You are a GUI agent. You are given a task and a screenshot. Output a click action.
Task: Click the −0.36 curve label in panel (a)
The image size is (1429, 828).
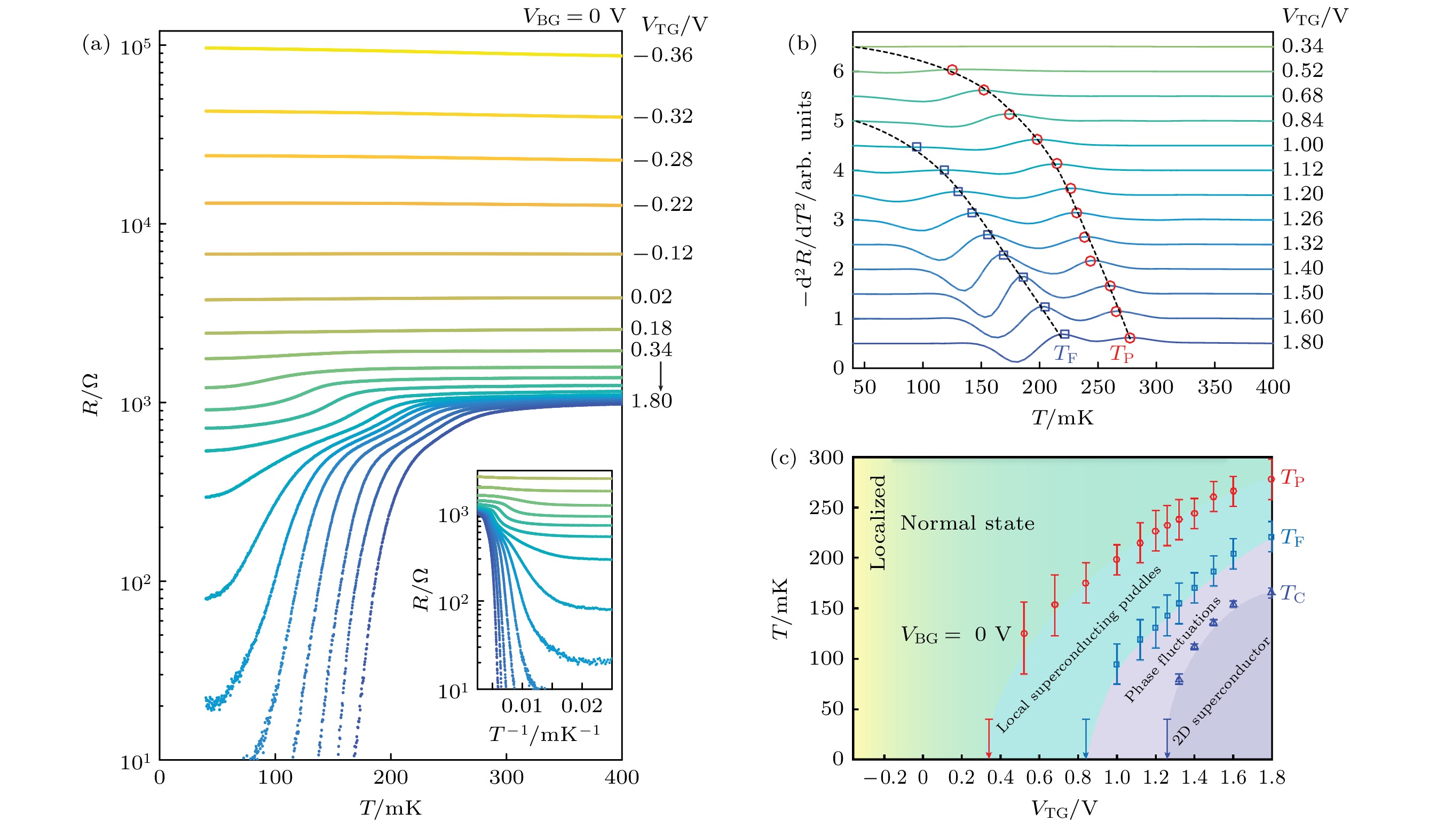[x=663, y=55]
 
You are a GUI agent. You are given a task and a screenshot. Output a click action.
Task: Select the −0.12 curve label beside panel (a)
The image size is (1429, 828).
[x=663, y=253]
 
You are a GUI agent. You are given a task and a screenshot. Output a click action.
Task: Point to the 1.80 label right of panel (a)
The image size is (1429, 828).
[x=652, y=401]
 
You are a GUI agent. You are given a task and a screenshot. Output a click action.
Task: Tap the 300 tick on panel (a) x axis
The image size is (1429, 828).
[x=506, y=777]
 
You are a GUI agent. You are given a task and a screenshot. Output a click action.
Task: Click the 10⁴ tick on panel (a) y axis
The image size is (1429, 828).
[x=136, y=226]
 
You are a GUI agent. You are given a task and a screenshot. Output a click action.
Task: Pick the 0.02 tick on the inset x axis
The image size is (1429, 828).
[x=581, y=706]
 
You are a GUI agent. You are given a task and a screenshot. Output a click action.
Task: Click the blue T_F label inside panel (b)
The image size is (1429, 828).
[x=1065, y=354]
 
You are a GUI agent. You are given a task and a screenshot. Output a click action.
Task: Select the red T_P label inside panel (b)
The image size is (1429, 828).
[x=1121, y=354]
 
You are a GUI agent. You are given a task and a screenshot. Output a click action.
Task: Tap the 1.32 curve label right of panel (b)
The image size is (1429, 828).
[x=1302, y=243]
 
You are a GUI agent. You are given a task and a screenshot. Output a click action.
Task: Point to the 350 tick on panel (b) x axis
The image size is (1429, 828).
[x=1214, y=388]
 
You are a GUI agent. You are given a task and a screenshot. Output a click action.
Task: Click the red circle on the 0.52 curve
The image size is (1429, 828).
[x=952, y=70]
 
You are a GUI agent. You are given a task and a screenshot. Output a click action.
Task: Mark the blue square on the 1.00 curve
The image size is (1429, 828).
[x=917, y=147]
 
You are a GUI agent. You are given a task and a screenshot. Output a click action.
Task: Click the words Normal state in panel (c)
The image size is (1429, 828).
[x=967, y=523]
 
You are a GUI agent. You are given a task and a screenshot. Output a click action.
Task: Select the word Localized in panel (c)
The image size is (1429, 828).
[x=877, y=522]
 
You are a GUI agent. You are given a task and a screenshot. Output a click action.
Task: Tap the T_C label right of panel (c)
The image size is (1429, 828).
[x=1292, y=594]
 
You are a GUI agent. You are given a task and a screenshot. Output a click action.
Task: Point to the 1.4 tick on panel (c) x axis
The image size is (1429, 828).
[x=1194, y=777]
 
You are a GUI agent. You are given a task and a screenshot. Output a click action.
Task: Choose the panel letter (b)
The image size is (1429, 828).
[x=802, y=44]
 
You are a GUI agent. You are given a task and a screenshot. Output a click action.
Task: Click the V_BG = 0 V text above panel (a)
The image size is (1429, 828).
[x=573, y=17]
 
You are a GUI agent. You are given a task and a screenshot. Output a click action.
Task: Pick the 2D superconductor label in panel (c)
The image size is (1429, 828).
[x=1220, y=692]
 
